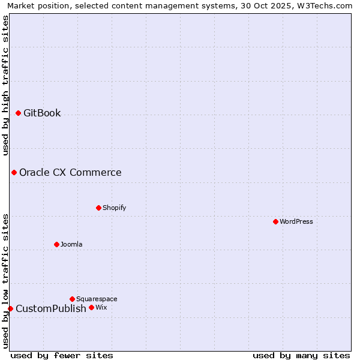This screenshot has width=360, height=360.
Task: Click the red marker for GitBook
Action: click(18, 113)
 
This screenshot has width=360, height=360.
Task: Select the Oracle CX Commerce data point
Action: click(14, 173)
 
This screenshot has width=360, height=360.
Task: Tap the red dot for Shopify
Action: click(98, 208)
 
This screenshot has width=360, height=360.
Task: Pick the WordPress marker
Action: click(275, 221)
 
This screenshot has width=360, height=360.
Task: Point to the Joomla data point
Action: click(56, 244)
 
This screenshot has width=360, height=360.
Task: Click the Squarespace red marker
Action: click(72, 299)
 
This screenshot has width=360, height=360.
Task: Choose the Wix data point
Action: click(91, 307)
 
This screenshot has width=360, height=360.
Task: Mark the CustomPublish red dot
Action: click(10, 308)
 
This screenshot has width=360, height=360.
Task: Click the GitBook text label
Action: click(42, 113)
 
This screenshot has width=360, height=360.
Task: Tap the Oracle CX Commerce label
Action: click(70, 173)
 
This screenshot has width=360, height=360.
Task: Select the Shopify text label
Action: click(114, 208)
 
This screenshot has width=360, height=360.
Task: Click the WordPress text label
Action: click(296, 221)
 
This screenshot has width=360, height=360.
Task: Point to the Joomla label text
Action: click(71, 244)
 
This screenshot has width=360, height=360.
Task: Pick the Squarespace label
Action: click(97, 299)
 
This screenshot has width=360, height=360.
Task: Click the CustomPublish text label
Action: click(51, 309)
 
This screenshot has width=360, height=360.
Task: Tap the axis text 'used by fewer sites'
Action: click(62, 355)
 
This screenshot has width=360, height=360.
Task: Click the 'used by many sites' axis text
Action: click(301, 355)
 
